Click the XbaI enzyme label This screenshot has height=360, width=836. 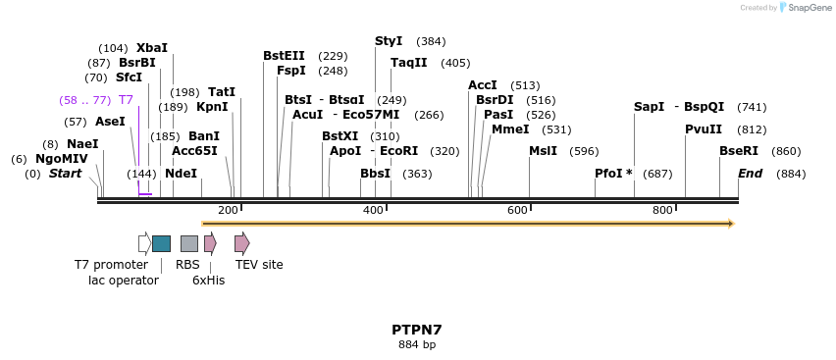[152, 47]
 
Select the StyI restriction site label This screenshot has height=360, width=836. [389, 41]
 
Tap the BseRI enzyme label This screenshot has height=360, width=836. [739, 151]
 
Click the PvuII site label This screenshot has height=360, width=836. [704, 129]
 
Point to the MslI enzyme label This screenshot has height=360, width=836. [543, 151]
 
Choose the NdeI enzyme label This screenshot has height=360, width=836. [181, 174]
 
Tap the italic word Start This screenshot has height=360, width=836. [65, 174]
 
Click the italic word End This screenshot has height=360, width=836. [751, 174]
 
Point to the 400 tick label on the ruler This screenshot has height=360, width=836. [373, 210]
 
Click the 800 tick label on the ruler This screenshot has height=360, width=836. [662, 210]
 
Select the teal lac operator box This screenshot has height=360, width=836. [161, 243]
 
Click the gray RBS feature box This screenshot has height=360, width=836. [189, 243]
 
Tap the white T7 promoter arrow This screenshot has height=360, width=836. [144, 243]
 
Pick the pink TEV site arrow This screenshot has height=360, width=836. [241, 243]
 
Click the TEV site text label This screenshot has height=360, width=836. [259, 265]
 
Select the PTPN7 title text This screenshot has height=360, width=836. [417, 330]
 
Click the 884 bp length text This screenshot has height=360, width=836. [417, 345]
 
